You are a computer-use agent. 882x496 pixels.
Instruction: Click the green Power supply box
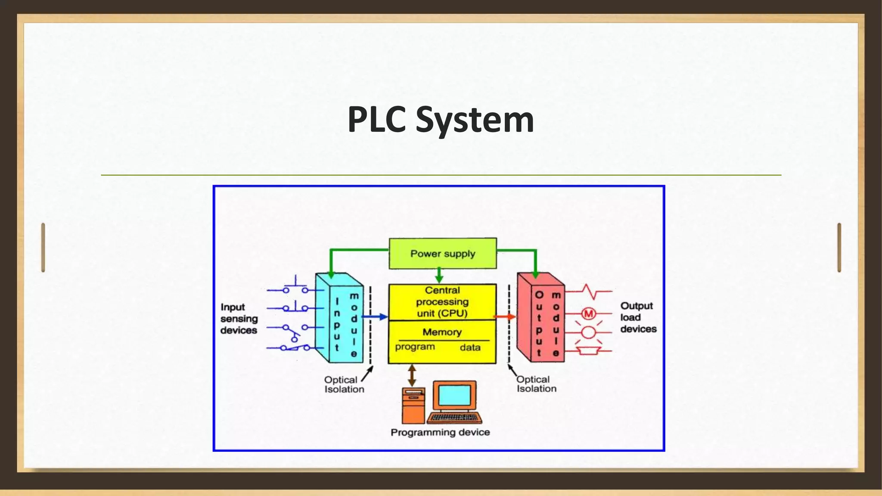tap(443, 254)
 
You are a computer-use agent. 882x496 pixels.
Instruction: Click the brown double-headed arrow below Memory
tap(412, 375)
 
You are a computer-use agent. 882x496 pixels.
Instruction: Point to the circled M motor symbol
tap(588, 314)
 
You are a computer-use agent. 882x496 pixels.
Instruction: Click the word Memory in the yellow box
tap(442, 332)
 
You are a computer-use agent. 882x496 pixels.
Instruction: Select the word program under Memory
tap(415, 347)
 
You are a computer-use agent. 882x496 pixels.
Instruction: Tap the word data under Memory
tap(470, 347)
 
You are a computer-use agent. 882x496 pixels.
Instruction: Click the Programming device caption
tap(440, 432)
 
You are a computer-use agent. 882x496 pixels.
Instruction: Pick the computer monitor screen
tap(454, 395)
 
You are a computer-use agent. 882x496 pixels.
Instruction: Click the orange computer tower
tap(413, 406)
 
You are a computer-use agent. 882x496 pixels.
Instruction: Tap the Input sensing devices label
tap(239, 319)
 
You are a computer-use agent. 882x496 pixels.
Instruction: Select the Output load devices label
tap(638, 317)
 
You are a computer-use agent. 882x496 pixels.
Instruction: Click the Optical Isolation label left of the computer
tap(344, 384)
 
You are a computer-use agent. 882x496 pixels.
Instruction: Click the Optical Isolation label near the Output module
tap(536, 384)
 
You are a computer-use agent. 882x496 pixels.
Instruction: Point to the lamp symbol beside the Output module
tap(588, 332)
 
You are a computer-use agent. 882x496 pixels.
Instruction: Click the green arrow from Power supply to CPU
tap(439, 275)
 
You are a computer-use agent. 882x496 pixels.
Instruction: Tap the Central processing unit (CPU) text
tap(442, 302)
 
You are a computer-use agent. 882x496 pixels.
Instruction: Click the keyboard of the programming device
tap(455, 418)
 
